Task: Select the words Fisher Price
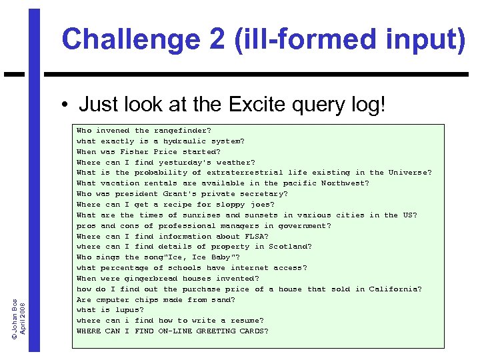pyautogui.click(x=144, y=152)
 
